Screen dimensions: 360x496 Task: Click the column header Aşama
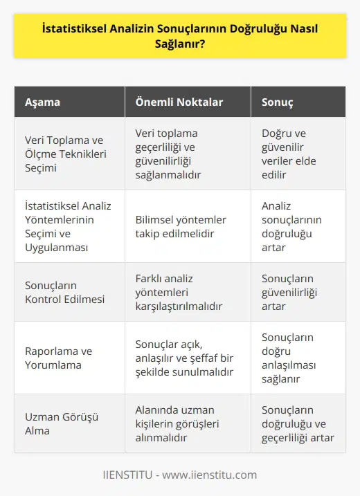pyautogui.click(x=42, y=102)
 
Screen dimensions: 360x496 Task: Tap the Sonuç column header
pyautogui.click(x=277, y=102)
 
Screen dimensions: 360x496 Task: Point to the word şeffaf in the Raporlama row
pyautogui.click(x=215, y=357)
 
